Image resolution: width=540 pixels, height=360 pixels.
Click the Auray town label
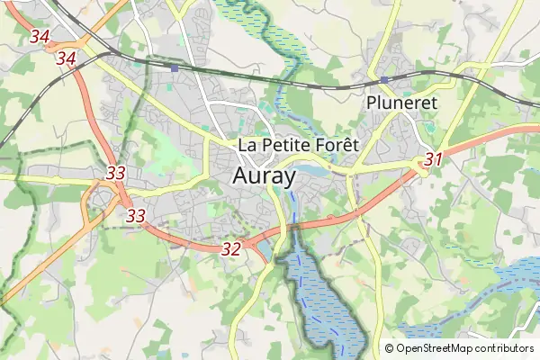(x=264, y=176)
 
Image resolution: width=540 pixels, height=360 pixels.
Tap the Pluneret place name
(x=401, y=103)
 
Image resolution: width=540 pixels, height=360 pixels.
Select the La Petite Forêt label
(x=298, y=144)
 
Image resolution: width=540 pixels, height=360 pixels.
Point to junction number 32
(x=230, y=249)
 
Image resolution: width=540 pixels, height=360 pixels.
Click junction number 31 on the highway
(x=434, y=159)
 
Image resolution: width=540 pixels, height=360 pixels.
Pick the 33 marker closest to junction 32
(x=136, y=216)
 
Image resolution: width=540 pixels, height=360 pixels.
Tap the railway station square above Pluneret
(x=384, y=79)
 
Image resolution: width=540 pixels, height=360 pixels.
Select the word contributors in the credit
(x=505, y=348)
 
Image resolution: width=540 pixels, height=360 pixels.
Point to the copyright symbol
(x=390, y=348)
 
